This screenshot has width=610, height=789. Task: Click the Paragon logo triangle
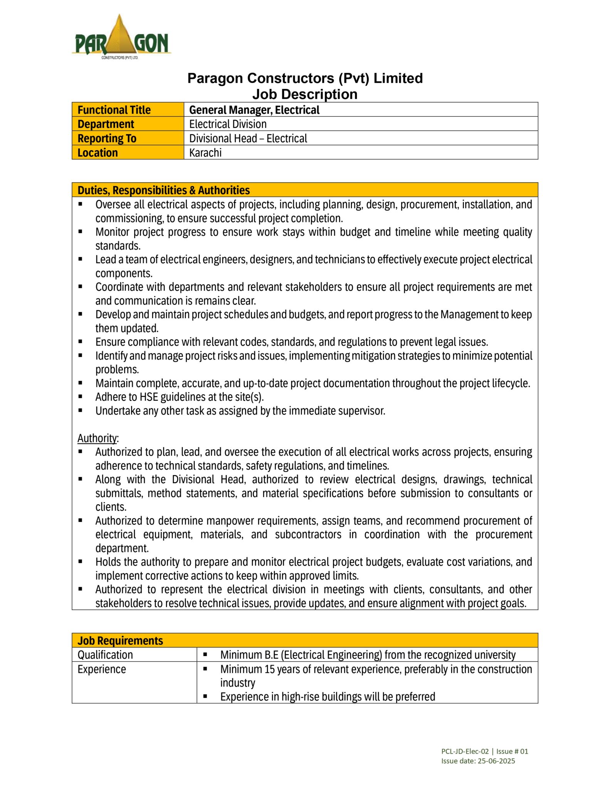tap(119, 37)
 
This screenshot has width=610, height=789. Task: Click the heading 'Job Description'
tap(304, 94)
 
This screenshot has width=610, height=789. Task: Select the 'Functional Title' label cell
tap(114, 110)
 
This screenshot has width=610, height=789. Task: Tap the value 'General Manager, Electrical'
tap(254, 110)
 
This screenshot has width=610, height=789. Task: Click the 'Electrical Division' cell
tap(228, 124)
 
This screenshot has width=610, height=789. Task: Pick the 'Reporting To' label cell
tap(107, 138)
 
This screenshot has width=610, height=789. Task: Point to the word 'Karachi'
tap(205, 153)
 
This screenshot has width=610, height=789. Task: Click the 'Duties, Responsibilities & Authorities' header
tap(163, 190)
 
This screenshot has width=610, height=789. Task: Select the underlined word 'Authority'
tap(97, 438)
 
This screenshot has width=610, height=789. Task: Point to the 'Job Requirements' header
tap(120, 640)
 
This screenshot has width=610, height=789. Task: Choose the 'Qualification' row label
tap(105, 655)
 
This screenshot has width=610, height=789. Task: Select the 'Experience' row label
tap(102, 669)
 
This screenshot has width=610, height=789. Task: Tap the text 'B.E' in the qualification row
tap(271, 655)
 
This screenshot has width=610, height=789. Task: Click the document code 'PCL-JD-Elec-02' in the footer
tap(465, 751)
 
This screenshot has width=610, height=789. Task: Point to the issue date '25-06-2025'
tap(496, 761)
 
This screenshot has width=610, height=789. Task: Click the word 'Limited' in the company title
tap(398, 78)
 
